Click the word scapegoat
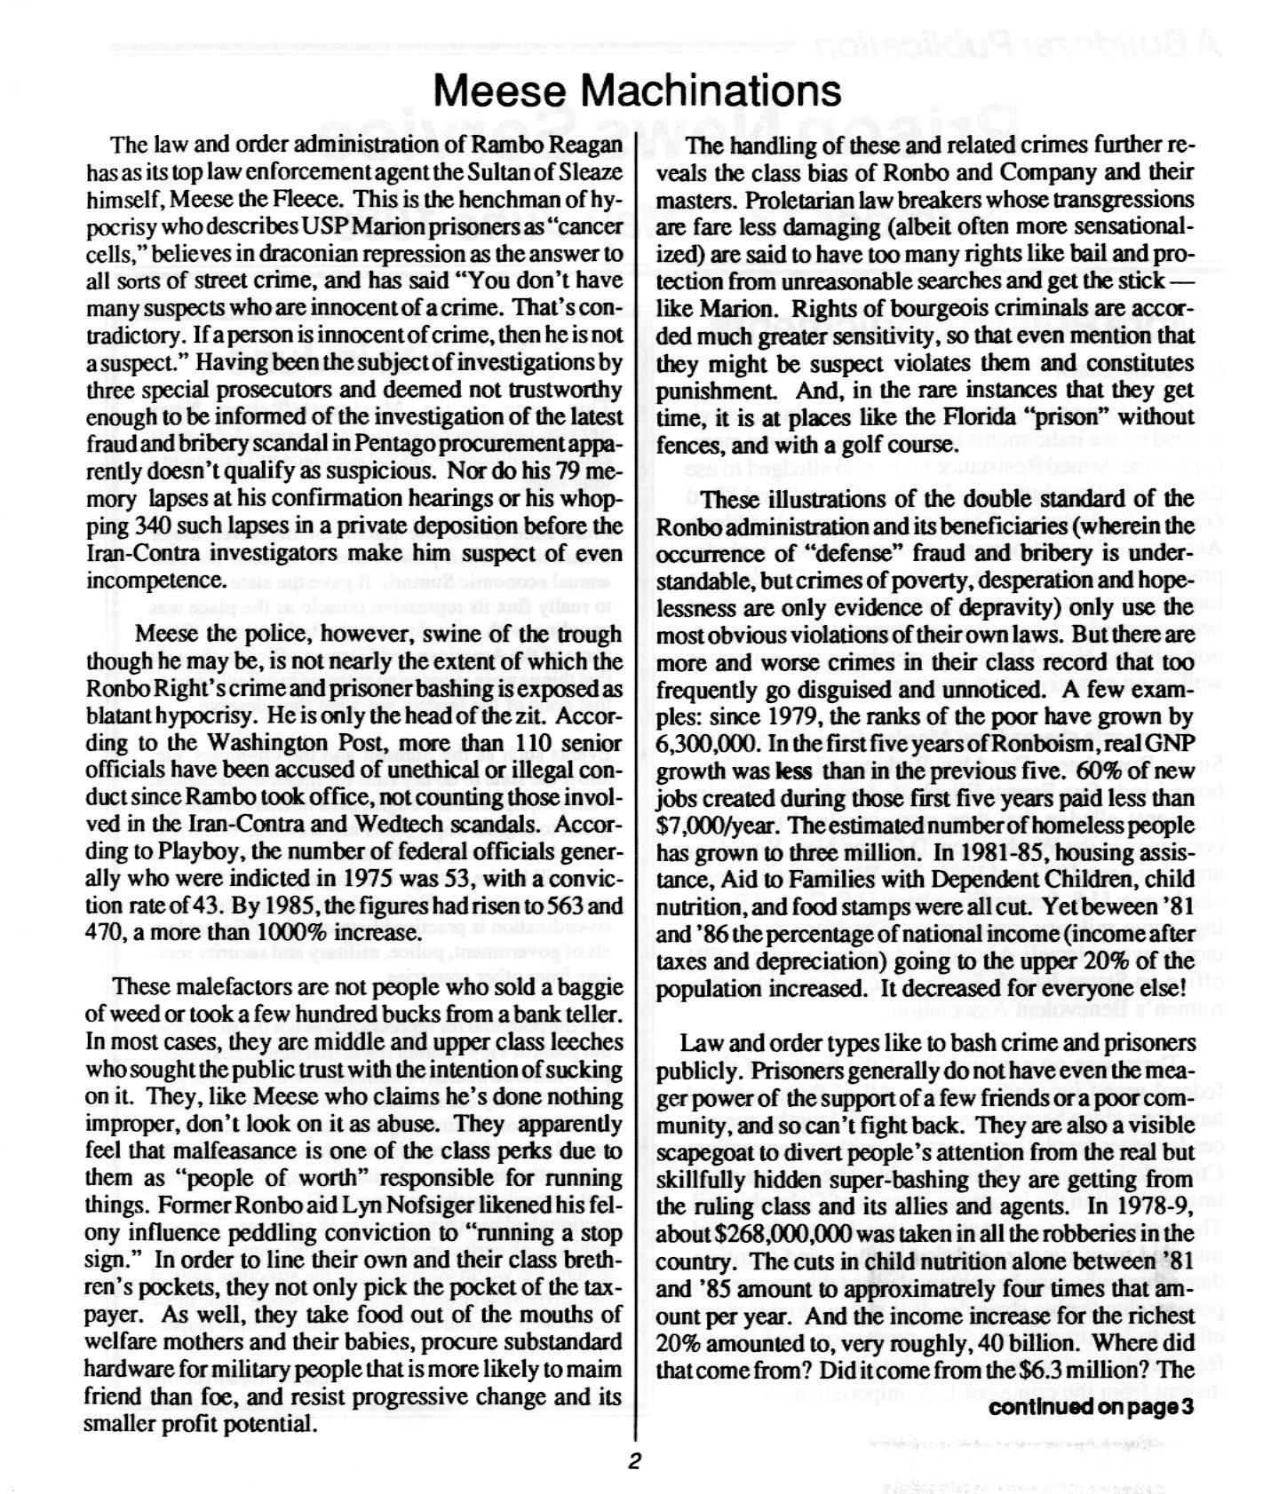click(711, 1152)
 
